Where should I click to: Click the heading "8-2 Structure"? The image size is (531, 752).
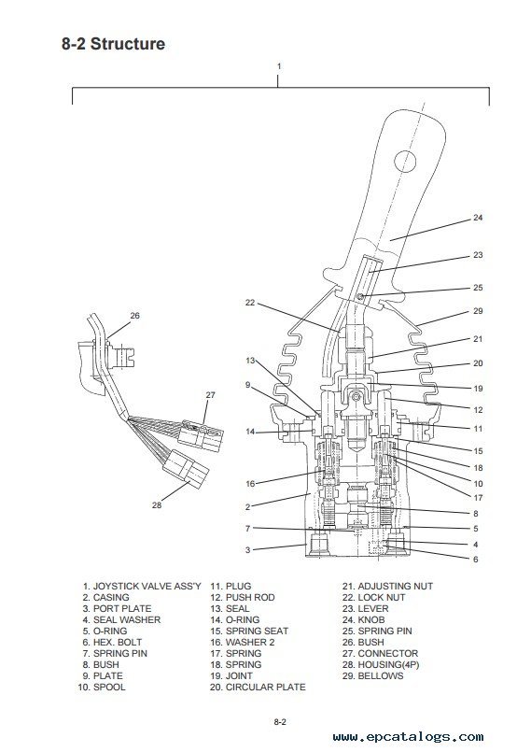point(113,44)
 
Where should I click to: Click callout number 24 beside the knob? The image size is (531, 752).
point(478,218)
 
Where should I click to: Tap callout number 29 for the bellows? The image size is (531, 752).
point(478,311)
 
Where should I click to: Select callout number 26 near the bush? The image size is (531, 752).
point(135,316)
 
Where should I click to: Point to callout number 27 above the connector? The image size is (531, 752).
point(210,395)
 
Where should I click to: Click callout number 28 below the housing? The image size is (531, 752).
point(157,505)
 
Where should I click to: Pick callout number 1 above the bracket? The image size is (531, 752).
point(279,66)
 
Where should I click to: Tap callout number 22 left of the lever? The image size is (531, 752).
point(250,303)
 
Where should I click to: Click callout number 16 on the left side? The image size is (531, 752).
point(250,484)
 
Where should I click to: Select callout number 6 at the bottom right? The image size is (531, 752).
point(475,560)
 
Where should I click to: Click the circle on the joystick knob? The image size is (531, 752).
point(405,161)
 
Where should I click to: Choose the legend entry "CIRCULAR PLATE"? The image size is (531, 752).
point(265,687)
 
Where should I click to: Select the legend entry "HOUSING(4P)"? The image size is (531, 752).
point(388,665)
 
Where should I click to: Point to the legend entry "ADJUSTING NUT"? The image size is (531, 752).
point(396,586)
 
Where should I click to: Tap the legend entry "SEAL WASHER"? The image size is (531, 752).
point(127,619)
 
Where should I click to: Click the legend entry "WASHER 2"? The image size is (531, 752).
point(250,642)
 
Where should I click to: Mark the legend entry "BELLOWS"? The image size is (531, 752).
point(381,675)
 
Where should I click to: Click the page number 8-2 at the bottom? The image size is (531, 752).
point(280,722)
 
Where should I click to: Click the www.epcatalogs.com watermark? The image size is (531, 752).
point(408,737)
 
